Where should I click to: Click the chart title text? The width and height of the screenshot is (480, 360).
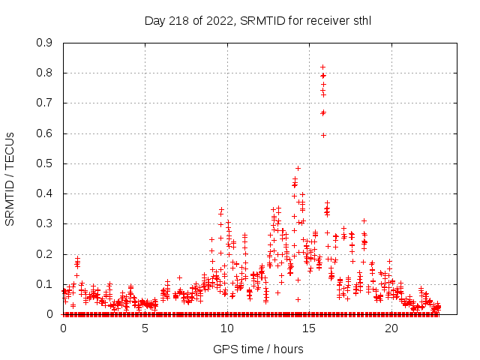(258, 21)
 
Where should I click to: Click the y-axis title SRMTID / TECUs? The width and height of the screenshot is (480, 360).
(10, 178)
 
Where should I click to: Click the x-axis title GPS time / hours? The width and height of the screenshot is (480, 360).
(258, 349)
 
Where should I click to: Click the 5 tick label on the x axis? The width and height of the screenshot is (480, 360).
(145, 328)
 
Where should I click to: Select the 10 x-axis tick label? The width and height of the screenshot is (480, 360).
(227, 328)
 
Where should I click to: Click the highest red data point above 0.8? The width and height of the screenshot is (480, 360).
(322, 67)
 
